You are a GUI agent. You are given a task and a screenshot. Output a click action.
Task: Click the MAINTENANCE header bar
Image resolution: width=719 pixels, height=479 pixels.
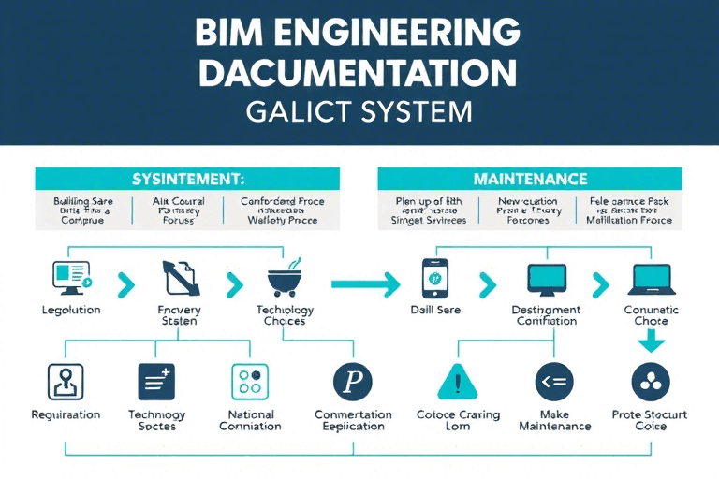[x=530, y=179]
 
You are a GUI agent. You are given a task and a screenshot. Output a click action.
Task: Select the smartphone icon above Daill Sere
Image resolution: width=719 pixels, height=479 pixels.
[x=433, y=278]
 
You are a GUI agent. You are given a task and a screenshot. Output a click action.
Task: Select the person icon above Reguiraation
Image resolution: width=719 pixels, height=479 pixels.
[x=66, y=382]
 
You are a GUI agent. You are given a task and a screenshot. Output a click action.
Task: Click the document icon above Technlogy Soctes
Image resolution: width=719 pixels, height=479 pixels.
[x=156, y=382]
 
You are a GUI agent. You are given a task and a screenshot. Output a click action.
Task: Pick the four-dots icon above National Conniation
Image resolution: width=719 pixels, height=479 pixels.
[x=250, y=382]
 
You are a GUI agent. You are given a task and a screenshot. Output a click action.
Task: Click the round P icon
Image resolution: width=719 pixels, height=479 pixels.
[x=353, y=382]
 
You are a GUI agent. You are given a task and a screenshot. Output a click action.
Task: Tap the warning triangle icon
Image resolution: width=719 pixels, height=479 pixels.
[x=458, y=382]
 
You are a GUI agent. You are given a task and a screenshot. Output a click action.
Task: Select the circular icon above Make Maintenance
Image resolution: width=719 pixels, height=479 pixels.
[x=553, y=382]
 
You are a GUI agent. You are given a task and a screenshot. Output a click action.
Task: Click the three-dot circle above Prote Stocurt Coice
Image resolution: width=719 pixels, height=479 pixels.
[x=651, y=382]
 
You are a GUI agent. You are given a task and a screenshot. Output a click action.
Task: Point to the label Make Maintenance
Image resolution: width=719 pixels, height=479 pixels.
[x=553, y=420]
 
